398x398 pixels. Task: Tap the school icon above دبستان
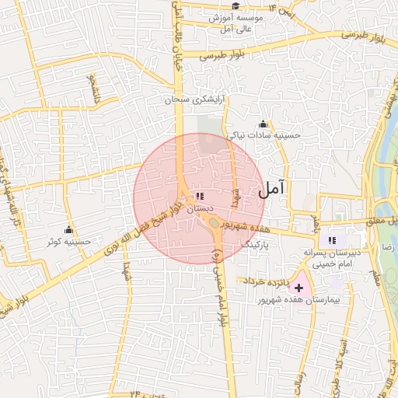pos(200,196)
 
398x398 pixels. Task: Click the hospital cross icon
pos(299,288)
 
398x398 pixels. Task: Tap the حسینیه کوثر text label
pos(69,242)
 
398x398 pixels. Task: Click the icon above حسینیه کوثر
pos(68,229)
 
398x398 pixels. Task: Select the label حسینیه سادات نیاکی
pos(264,134)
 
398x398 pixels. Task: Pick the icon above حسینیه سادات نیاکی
pos(264,123)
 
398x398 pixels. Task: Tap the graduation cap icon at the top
pos(235,6)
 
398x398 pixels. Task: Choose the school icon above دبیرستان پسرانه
pos(333,240)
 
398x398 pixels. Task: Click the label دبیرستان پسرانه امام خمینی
pos(333,259)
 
